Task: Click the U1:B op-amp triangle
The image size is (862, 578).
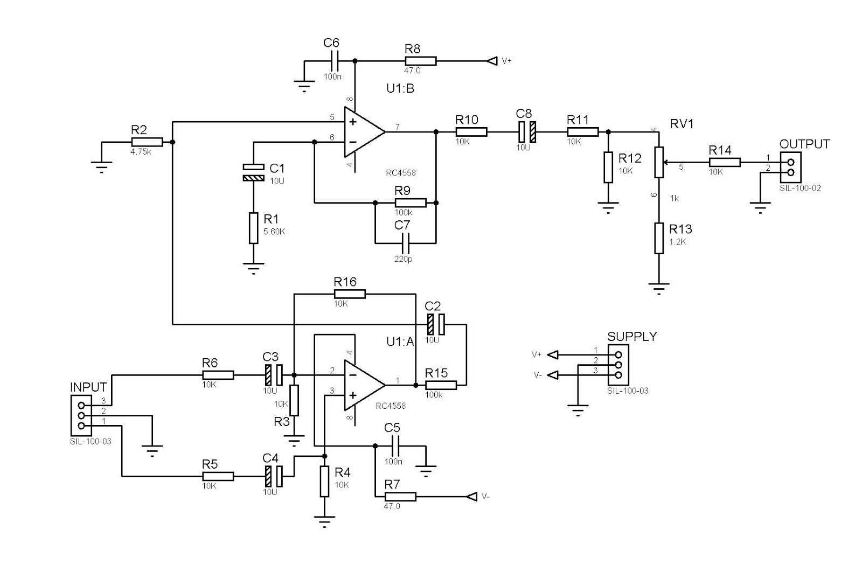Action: pos(362,131)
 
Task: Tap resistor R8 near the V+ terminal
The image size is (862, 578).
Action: pos(420,61)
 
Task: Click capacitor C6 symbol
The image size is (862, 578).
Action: pos(333,61)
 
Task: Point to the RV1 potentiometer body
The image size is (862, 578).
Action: pos(658,162)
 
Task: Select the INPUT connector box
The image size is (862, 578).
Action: pos(81,415)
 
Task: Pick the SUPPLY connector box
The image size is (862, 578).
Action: pos(618,365)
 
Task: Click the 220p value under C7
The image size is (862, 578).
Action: pos(403,259)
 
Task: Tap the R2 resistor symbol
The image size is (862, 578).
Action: pos(147,142)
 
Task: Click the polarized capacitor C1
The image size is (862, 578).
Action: pos(253,172)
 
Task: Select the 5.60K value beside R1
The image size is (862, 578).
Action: pos(274,232)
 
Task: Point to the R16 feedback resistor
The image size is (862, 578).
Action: pos(350,294)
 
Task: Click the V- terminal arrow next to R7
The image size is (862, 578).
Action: pos(472,496)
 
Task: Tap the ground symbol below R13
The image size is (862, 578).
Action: pos(658,287)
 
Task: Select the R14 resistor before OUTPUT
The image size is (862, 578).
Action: pos(725,162)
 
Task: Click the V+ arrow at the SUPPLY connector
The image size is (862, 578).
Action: pos(552,354)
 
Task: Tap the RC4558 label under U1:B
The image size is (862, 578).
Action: pos(400,173)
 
